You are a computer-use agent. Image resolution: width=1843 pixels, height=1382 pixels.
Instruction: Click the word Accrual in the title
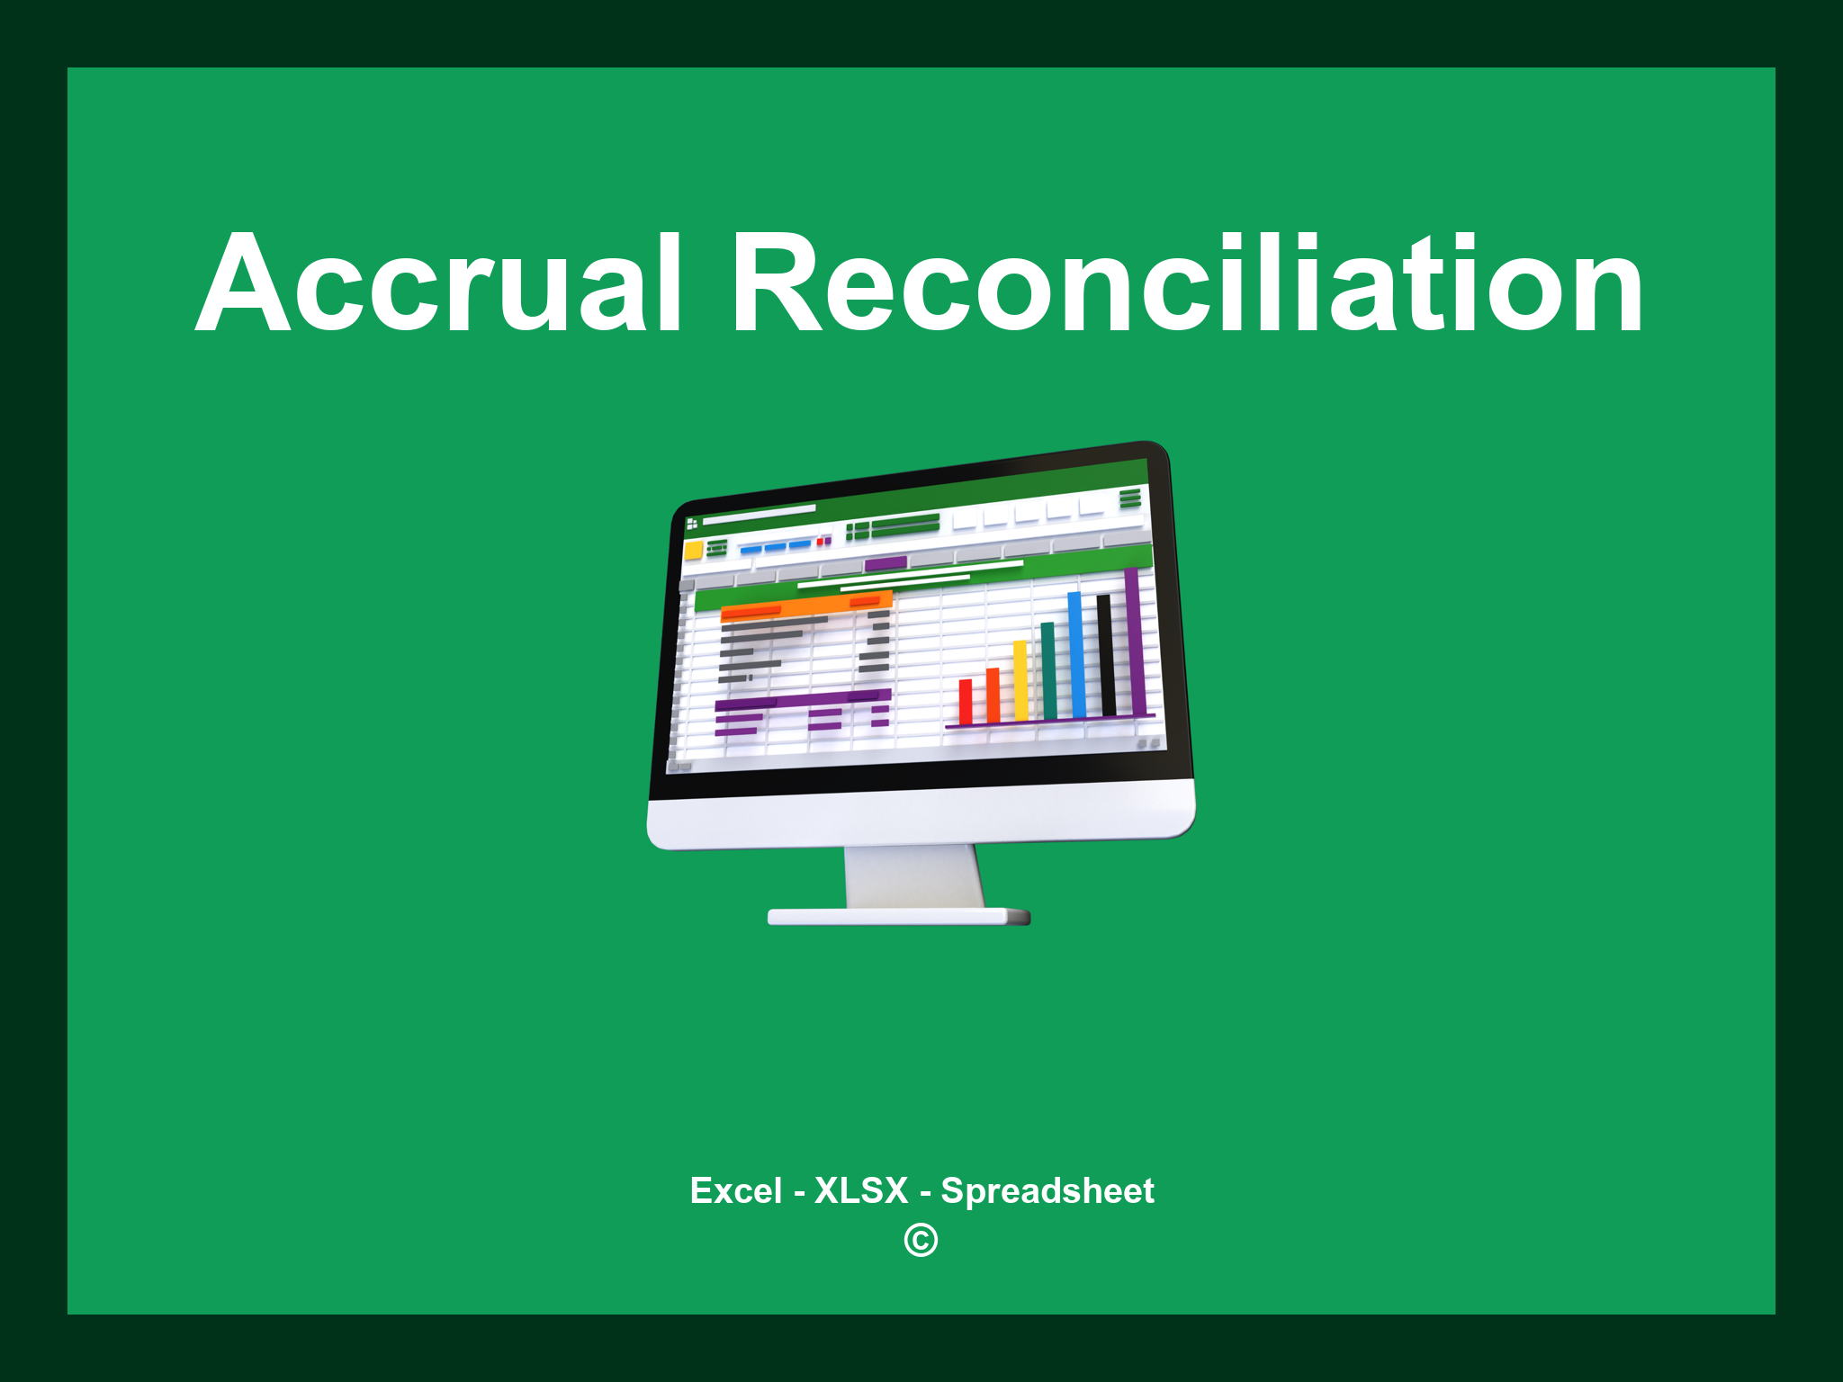point(438,283)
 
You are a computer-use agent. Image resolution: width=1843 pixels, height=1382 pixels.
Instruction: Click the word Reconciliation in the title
point(1188,283)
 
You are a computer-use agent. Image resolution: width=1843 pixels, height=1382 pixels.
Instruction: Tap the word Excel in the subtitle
point(735,1190)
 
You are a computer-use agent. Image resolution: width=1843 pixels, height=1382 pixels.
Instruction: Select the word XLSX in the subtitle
point(861,1190)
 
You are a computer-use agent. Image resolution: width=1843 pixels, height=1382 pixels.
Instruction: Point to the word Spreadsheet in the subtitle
point(1047,1190)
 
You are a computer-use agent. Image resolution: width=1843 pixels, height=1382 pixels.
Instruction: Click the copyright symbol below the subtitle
point(921,1241)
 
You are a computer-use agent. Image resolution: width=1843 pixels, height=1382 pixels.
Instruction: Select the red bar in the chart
point(966,702)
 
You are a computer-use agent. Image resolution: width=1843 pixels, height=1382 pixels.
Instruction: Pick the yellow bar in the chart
point(1020,680)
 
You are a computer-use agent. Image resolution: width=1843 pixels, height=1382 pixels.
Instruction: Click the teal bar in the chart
point(1048,670)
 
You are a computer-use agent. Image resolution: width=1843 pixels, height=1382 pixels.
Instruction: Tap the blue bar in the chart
point(1076,654)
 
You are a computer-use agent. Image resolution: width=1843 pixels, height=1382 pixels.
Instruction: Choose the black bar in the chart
point(1105,654)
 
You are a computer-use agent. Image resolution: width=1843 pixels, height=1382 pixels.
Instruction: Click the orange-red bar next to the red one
point(993,695)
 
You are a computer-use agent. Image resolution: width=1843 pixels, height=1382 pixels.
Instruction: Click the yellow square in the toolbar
point(693,550)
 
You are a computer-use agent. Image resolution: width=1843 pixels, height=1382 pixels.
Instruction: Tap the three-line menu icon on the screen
point(1130,498)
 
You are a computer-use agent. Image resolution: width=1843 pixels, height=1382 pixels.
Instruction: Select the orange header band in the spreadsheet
point(805,606)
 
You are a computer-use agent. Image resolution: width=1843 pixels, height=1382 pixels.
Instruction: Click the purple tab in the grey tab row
point(886,564)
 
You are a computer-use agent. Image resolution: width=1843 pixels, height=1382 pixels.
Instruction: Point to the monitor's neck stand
point(913,877)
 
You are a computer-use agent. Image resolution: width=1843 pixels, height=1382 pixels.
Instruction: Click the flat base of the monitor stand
point(897,917)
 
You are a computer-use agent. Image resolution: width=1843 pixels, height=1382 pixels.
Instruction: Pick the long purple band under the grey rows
point(802,699)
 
